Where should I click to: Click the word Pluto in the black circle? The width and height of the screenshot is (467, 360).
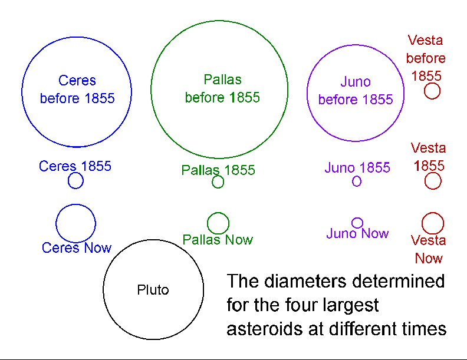click(x=153, y=290)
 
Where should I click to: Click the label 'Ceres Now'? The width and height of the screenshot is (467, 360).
click(x=77, y=248)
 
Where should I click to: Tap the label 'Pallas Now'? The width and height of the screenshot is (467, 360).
click(x=218, y=240)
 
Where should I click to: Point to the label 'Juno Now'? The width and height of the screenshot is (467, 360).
click(x=357, y=233)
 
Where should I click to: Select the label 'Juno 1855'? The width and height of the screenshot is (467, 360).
click(x=357, y=167)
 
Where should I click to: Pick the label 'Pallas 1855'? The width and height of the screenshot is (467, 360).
click(x=218, y=170)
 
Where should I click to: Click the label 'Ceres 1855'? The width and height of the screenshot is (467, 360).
click(x=75, y=166)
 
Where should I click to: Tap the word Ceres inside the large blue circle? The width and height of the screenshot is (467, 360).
click(x=77, y=81)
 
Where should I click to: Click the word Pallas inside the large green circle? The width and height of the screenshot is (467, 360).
click(x=222, y=80)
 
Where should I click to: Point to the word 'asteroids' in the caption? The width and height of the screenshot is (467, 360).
click(x=265, y=329)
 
